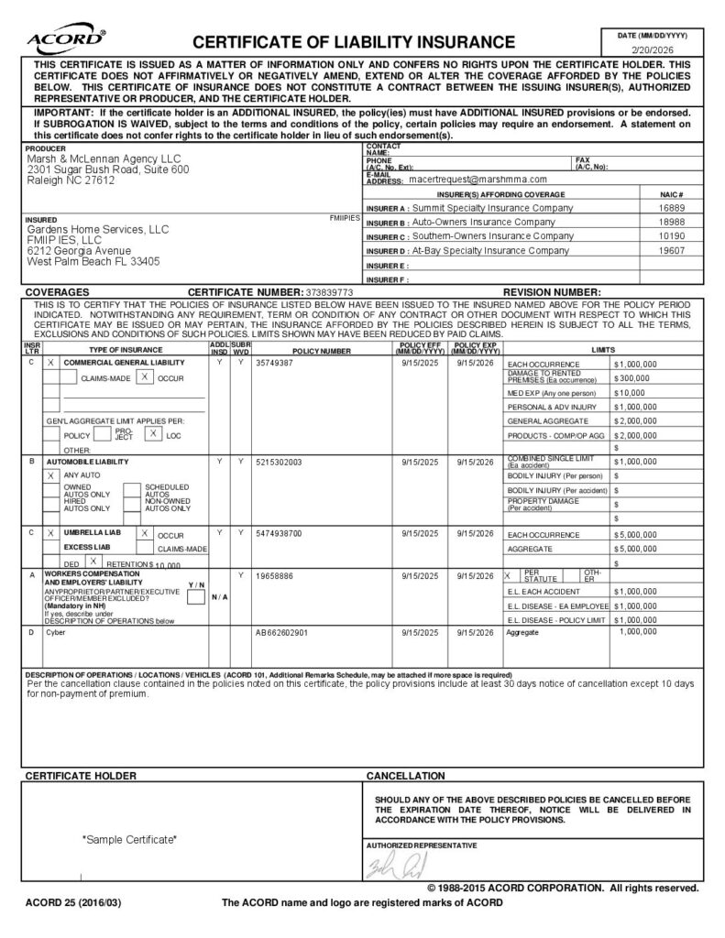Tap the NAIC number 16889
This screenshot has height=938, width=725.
(671, 208)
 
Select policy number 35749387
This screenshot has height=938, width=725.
(274, 364)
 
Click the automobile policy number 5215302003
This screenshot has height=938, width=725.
(279, 462)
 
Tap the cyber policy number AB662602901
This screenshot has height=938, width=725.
(281, 633)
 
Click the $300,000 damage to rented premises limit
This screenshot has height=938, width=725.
(632, 377)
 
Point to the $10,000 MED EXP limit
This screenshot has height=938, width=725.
(630, 392)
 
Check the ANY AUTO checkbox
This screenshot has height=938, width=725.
(51, 476)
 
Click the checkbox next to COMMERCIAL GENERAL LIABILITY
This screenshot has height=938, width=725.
(51, 364)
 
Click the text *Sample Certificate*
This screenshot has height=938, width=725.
(129, 839)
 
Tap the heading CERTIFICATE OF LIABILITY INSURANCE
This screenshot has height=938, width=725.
(353, 42)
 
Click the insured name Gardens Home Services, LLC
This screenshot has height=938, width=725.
(98, 229)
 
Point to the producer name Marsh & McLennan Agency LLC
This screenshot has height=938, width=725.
(104, 158)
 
